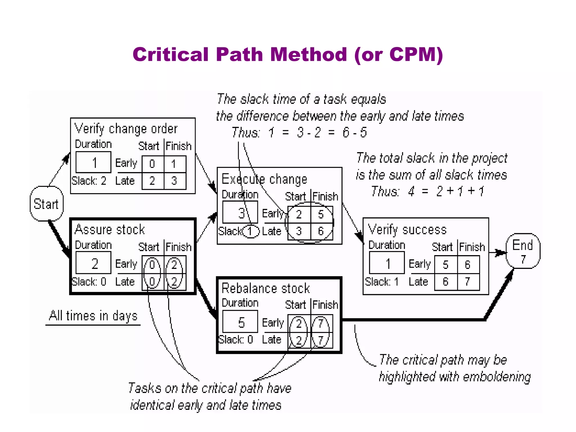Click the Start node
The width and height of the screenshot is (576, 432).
pyautogui.click(x=46, y=204)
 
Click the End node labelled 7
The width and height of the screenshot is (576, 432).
pyautogui.click(x=523, y=251)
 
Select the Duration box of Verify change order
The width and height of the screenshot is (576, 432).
pyautogui.click(x=93, y=162)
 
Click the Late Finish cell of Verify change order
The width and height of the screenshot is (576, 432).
pyautogui.click(x=174, y=181)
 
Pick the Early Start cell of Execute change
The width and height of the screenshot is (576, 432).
pyautogui.click(x=299, y=214)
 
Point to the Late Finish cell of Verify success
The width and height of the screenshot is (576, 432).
pyautogui.click(x=468, y=281)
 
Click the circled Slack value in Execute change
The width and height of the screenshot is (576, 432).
pyautogui.click(x=250, y=231)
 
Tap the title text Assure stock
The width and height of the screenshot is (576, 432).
pyautogui.click(x=110, y=229)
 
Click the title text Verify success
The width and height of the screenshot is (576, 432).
pyautogui.click(x=407, y=230)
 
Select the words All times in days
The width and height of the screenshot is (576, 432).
pyautogui.click(x=93, y=316)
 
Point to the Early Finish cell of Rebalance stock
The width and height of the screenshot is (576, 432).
pyautogui.click(x=321, y=323)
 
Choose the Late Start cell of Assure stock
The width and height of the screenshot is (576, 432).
pyautogui.click(x=152, y=281)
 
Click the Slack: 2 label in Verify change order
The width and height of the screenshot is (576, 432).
pyautogui.click(x=89, y=181)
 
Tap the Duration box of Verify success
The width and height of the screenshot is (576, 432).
pyautogui.click(x=387, y=263)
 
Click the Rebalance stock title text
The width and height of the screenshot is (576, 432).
pyautogui.click(x=265, y=288)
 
